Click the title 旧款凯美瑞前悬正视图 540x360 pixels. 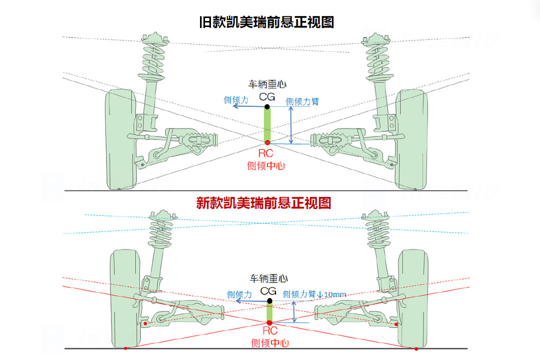click(x=266, y=22)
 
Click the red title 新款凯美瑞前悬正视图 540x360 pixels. click(x=263, y=202)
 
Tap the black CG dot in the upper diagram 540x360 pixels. click(x=267, y=106)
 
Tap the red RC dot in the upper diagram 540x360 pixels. click(x=267, y=143)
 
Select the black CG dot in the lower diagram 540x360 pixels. click(x=269, y=301)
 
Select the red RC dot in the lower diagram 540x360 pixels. click(x=269, y=323)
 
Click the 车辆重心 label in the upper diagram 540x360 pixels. click(x=267, y=84)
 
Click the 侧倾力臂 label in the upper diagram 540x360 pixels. click(x=302, y=101)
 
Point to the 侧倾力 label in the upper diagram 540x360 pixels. click(x=236, y=100)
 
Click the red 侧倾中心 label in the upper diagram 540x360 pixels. click(x=266, y=165)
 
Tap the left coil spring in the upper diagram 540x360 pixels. click(x=153, y=57)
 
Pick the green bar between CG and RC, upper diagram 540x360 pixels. click(x=267, y=125)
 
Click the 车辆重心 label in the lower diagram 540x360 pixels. click(x=269, y=278)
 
